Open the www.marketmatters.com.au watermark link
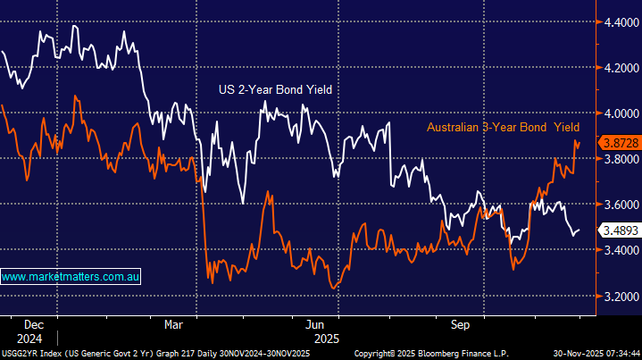coord(71,277)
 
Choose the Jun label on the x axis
coord(314,325)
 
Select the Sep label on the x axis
coord(461,325)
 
